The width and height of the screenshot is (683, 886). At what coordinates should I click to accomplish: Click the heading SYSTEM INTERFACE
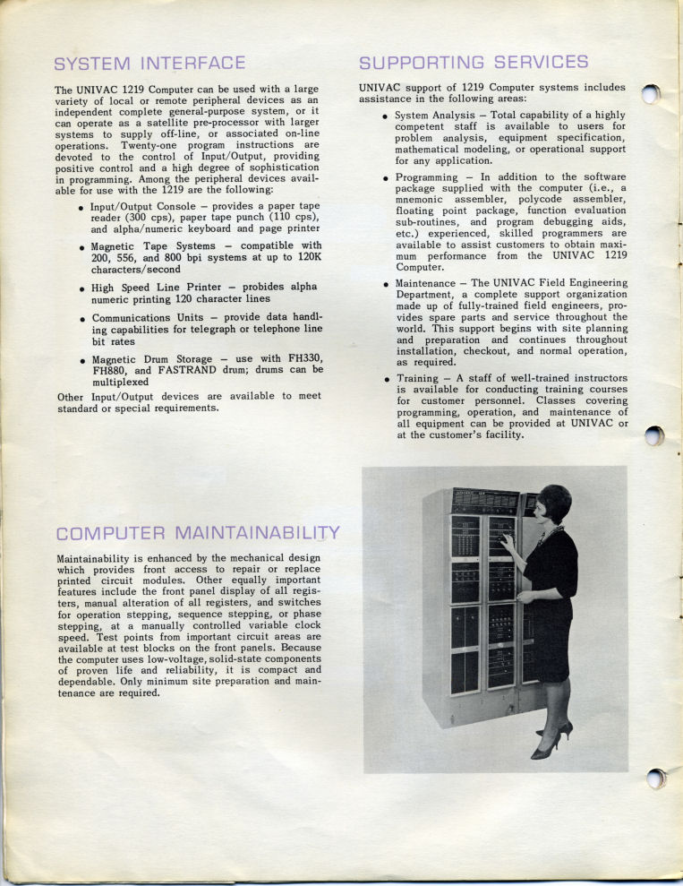pos(149,64)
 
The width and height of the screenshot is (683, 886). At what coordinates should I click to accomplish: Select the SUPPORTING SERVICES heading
pos(474,63)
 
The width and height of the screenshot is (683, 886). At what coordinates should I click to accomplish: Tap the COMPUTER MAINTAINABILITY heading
pos(198,534)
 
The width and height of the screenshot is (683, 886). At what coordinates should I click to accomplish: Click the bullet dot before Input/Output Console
pos(81,208)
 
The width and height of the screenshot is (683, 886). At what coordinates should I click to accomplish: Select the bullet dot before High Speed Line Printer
pos(81,289)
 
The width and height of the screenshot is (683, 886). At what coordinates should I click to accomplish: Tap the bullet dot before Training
pos(386,380)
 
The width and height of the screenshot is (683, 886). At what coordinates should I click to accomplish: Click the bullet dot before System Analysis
pos(386,116)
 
